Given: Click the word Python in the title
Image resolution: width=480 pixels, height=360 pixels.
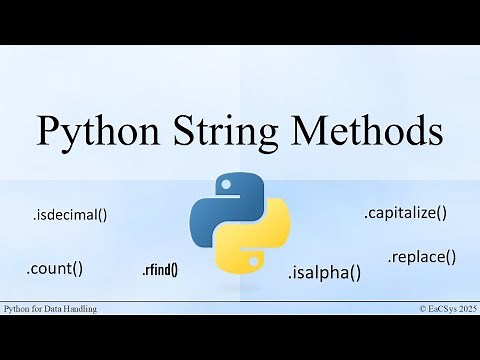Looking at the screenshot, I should pos(100,132).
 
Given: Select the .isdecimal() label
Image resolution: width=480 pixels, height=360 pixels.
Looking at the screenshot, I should pos(69,213).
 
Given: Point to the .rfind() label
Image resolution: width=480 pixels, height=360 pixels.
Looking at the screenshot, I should pos(160,269).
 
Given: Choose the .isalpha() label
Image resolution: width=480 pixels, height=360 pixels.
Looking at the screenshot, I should pos(324,272).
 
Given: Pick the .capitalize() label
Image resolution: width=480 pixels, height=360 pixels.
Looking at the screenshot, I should pos(404,212).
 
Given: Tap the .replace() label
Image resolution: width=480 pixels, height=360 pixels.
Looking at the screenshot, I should pos(421,256).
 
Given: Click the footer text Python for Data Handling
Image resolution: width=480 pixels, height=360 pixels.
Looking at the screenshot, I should pos(51,310).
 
